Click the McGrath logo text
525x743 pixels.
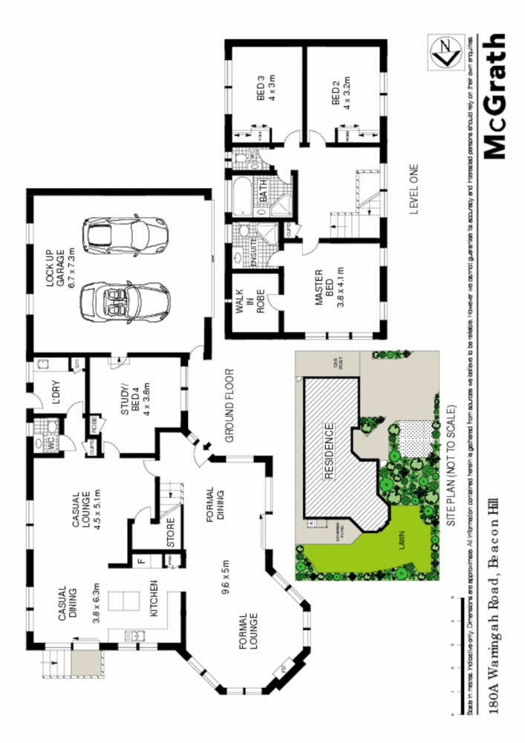494,97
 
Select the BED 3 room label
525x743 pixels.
266,92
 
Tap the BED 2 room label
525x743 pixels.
341,89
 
